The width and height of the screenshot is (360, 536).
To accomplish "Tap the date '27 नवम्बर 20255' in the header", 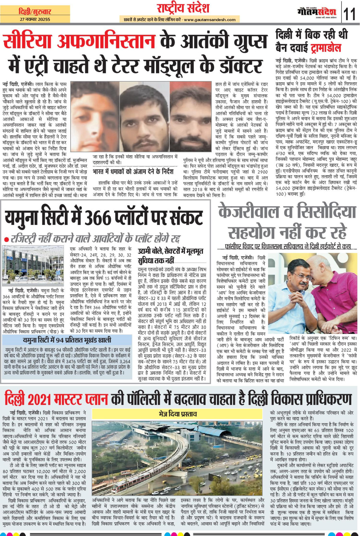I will tap(35, 20).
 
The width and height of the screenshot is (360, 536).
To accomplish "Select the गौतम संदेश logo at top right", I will tap(317, 12).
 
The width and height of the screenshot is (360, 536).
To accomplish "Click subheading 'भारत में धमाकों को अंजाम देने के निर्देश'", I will tap(133, 171).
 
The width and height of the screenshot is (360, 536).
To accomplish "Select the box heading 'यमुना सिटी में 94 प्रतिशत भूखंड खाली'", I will tap(67, 340).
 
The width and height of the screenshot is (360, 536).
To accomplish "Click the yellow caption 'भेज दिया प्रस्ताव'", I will tap(178, 414).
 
